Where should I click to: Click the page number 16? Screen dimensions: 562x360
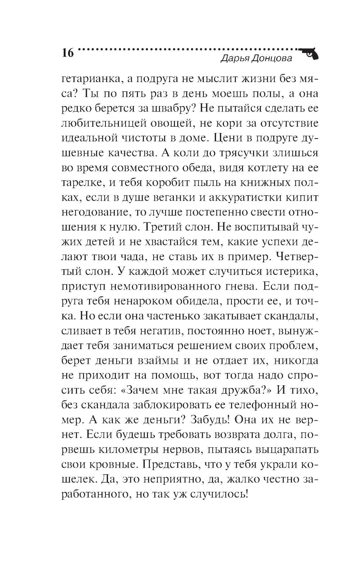pos(67,53)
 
